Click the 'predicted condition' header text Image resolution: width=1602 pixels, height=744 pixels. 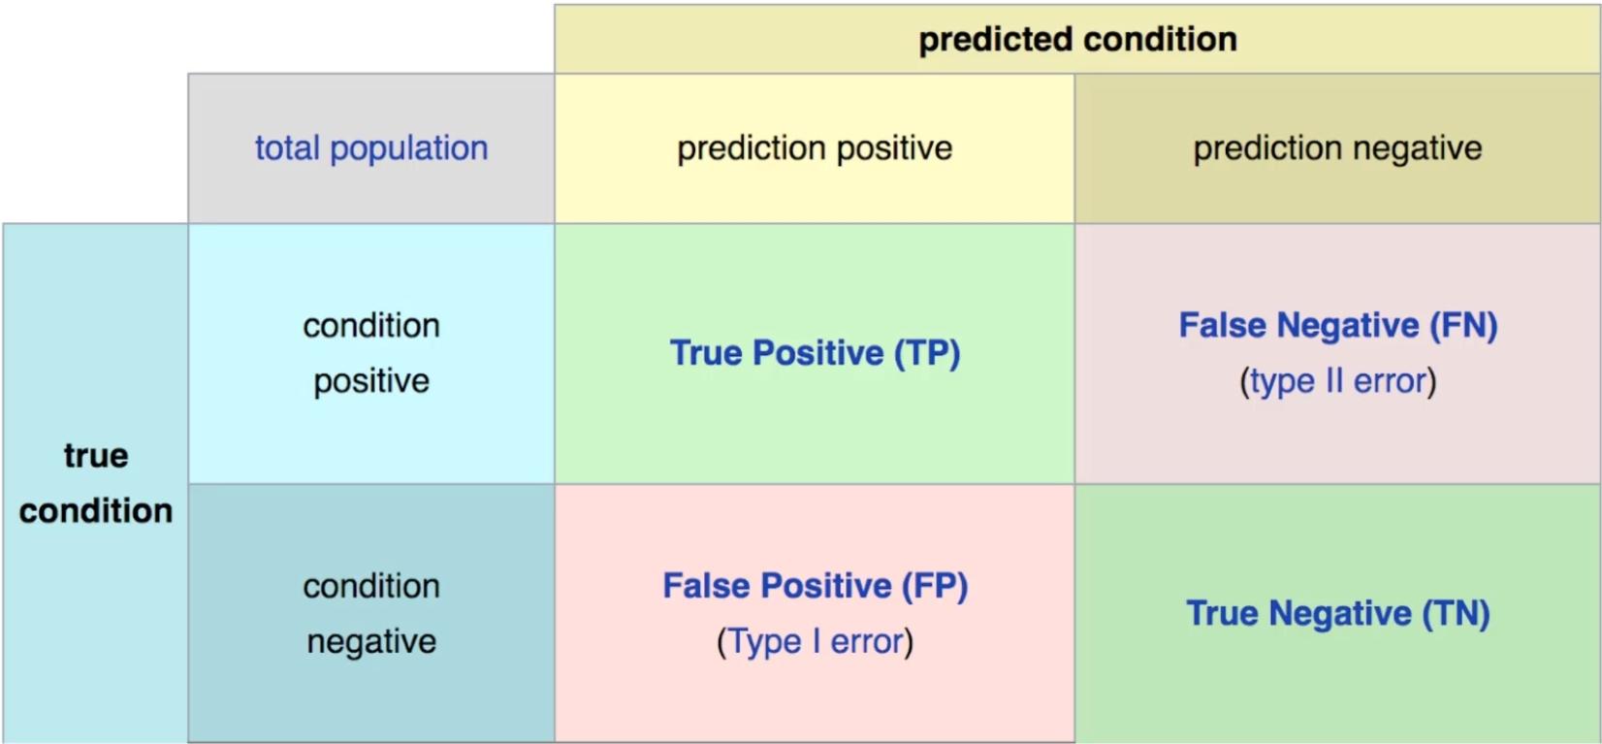pyautogui.click(x=1077, y=40)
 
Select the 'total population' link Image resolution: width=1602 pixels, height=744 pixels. pyautogui.click(x=372, y=148)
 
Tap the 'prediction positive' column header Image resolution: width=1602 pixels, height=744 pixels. pyautogui.click(x=815, y=148)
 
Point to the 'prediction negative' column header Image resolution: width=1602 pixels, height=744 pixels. pyautogui.click(x=1337, y=148)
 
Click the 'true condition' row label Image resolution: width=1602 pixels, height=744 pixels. pyautogui.click(x=96, y=483)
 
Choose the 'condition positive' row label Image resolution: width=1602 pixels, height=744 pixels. pyautogui.click(x=372, y=353)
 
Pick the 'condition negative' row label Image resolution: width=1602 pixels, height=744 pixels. pyautogui.click(x=372, y=614)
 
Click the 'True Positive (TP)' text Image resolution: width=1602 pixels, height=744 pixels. pyautogui.click(x=815, y=353)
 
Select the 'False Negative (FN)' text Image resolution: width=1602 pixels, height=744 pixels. pyautogui.click(x=1338, y=326)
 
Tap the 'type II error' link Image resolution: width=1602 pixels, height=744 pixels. pyautogui.click(x=1338, y=381)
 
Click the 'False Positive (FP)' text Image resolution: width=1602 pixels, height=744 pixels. pyautogui.click(x=816, y=586)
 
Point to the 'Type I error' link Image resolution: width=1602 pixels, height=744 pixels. pyautogui.click(x=816, y=642)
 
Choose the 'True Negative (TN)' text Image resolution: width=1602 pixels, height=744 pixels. pyautogui.click(x=1338, y=614)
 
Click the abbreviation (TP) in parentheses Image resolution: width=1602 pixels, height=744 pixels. pyautogui.click(x=927, y=353)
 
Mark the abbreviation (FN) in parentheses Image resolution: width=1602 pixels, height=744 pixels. pyautogui.click(x=1463, y=326)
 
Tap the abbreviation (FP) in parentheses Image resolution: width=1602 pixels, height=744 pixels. pyautogui.click(x=935, y=586)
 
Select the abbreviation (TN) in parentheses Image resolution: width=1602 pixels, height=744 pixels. pyautogui.click(x=1456, y=614)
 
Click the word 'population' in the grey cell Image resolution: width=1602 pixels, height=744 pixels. pyautogui.click(x=409, y=149)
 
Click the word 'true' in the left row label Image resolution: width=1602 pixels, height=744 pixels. pyautogui.click(x=96, y=456)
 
